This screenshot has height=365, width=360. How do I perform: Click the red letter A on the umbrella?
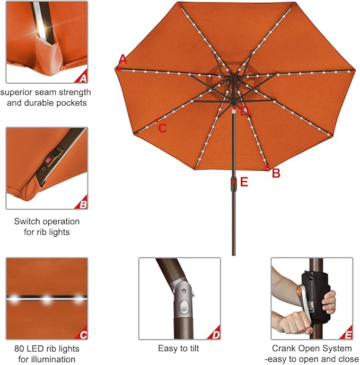(123, 58)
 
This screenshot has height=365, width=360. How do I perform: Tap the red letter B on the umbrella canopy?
(276, 173)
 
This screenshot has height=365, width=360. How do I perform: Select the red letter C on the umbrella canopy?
(162, 128)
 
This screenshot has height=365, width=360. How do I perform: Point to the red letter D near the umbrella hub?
(244, 111)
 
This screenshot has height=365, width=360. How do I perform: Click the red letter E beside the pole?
(244, 182)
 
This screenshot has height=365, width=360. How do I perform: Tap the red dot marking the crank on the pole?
(234, 181)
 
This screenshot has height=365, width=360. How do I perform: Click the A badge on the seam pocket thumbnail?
(82, 79)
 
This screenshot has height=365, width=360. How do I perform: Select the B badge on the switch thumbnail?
(82, 204)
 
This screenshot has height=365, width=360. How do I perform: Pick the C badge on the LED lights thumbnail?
(82, 334)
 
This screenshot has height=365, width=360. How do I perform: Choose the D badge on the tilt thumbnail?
(214, 334)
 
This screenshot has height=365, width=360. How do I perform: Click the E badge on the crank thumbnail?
(347, 334)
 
